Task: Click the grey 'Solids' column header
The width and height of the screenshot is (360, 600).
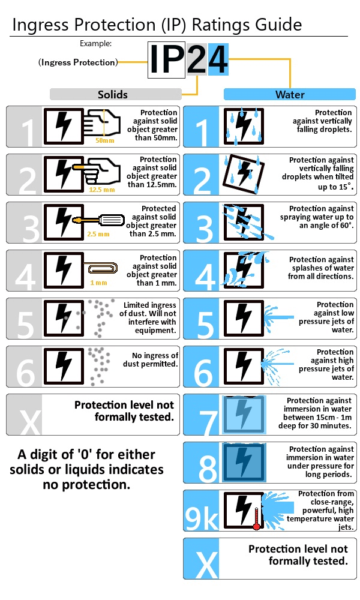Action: tap(115, 94)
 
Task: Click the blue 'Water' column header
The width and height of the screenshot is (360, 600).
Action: tap(289, 94)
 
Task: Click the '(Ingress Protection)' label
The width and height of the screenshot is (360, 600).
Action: tap(77, 62)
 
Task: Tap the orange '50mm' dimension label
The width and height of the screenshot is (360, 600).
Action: tap(104, 140)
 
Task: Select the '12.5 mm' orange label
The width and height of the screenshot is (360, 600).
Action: tap(101, 189)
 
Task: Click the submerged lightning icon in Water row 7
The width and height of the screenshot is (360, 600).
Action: tap(243, 415)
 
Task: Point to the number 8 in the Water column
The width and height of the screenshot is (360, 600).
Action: tap(207, 467)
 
